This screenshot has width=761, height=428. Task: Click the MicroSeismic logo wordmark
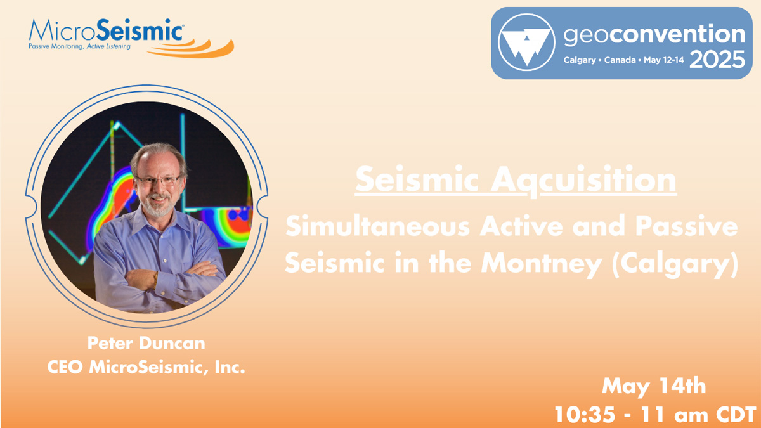pyautogui.click(x=107, y=30)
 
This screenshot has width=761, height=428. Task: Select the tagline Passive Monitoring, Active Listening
pyautogui.click(x=79, y=46)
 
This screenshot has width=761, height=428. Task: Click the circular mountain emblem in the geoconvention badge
pyautogui.click(x=526, y=42)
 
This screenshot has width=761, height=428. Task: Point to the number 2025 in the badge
pyautogui.click(x=717, y=60)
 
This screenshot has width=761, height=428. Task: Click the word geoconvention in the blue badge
pyautogui.click(x=654, y=35)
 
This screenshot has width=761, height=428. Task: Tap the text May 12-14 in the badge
pyautogui.click(x=663, y=60)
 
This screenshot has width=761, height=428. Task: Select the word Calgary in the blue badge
pyautogui.click(x=580, y=60)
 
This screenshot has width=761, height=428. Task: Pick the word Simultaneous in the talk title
pyautogui.click(x=378, y=226)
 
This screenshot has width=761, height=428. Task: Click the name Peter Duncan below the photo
pyautogui.click(x=146, y=343)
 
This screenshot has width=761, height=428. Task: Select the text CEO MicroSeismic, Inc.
pyautogui.click(x=146, y=367)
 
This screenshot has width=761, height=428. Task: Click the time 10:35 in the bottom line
pyautogui.click(x=585, y=415)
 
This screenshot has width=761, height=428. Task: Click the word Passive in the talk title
pyautogui.click(x=687, y=226)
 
